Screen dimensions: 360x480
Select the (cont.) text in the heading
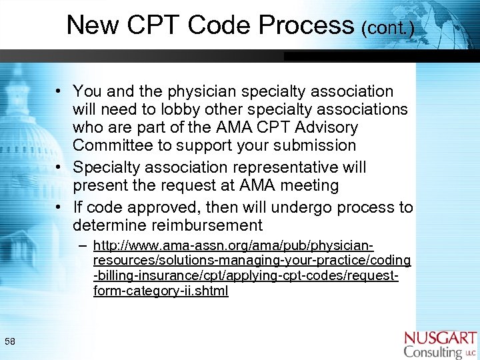click(x=387, y=29)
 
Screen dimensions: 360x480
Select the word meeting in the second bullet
click(x=310, y=185)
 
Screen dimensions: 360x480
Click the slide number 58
click(x=10, y=342)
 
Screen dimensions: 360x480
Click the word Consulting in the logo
click(x=433, y=351)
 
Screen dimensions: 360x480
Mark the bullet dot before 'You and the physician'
click(x=60, y=91)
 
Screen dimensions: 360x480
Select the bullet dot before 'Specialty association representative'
click(x=60, y=167)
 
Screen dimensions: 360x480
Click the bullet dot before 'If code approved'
click(x=60, y=207)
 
